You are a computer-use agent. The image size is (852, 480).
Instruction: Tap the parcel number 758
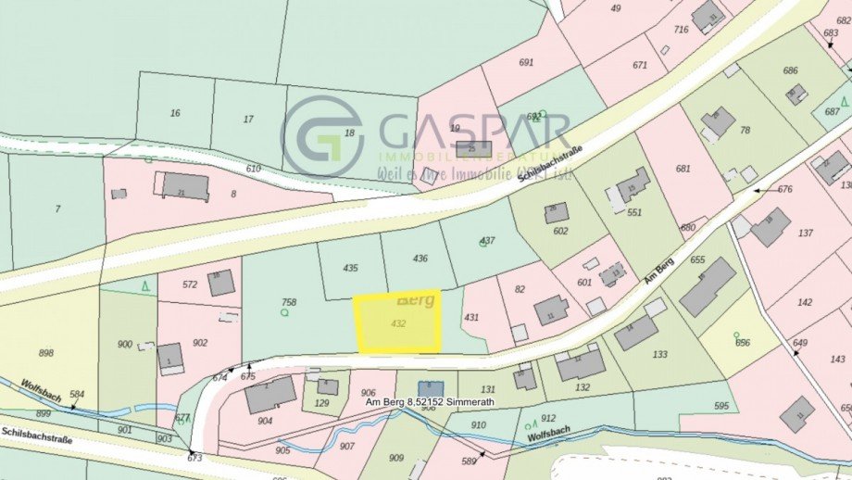pyautogui.click(x=289, y=302)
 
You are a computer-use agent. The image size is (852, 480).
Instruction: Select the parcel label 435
pyautogui.click(x=350, y=268)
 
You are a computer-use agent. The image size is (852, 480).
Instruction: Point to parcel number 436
pyautogui.click(x=420, y=259)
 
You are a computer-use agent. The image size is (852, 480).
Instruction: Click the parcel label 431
pyautogui.click(x=472, y=318)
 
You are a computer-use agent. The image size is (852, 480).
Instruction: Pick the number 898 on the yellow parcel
pyautogui.click(x=46, y=353)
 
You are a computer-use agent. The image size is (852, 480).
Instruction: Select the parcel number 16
pyautogui.click(x=175, y=113)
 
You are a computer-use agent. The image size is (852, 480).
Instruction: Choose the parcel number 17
pyautogui.click(x=248, y=120)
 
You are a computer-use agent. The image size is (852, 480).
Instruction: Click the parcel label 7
pyautogui.click(x=57, y=209)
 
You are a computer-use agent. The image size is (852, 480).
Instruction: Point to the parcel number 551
pyautogui.click(x=634, y=212)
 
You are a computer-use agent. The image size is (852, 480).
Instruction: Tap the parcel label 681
pyautogui.click(x=683, y=169)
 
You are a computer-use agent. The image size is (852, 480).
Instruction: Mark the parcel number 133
pyautogui.click(x=659, y=354)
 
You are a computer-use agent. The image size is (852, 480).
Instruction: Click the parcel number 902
pyautogui.click(x=200, y=342)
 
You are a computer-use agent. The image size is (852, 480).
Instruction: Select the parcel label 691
pyautogui.click(x=527, y=63)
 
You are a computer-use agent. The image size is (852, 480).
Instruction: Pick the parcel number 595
pyautogui.click(x=721, y=405)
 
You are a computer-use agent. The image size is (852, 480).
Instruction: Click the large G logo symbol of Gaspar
pyautogui.click(x=322, y=135)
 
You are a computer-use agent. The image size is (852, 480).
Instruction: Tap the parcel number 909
pyautogui.click(x=396, y=458)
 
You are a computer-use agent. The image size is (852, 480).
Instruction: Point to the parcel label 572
pyautogui.click(x=190, y=284)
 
